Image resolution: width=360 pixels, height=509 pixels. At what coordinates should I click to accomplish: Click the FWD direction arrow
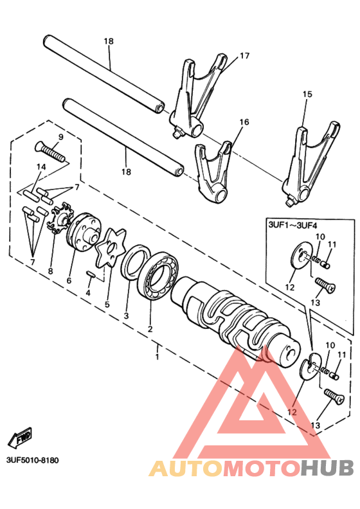(20, 437)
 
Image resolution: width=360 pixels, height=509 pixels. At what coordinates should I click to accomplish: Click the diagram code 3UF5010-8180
(33, 461)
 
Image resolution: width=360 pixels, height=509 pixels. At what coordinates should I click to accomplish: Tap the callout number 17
(244, 56)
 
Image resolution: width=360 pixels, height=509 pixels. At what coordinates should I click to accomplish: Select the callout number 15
(307, 94)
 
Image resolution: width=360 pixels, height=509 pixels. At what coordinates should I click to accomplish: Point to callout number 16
(244, 122)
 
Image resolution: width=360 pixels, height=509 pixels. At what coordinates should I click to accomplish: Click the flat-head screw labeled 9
(50, 152)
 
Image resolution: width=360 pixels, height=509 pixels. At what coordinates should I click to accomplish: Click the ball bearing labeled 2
(157, 274)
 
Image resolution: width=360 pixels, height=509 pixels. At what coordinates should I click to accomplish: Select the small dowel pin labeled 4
(90, 274)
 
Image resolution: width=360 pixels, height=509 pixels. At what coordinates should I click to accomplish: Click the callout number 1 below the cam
(157, 357)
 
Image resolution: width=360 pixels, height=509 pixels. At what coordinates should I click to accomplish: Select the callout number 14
(41, 167)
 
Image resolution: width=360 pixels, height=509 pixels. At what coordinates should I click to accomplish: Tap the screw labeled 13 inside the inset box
(325, 285)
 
